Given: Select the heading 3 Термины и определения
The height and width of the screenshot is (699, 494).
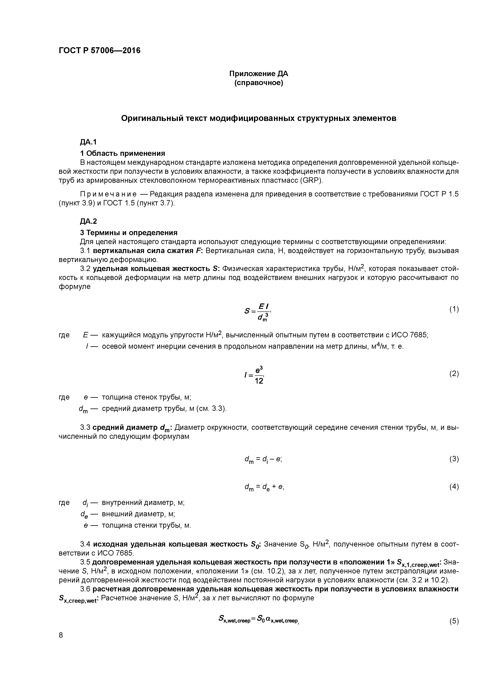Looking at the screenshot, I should (x=128, y=233).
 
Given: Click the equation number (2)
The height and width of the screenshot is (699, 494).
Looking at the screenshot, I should (x=454, y=374).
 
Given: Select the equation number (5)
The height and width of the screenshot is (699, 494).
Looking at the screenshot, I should (x=454, y=621).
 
